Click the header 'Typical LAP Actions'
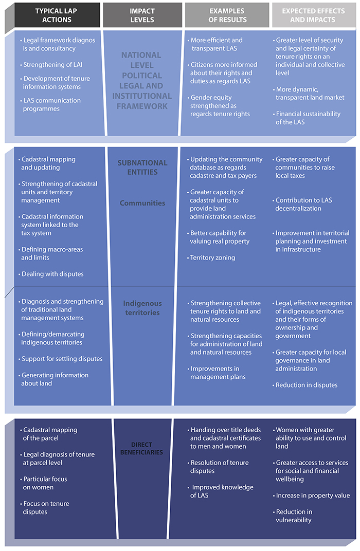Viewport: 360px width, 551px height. tap(57, 15)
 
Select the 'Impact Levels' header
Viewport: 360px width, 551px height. tap(142, 15)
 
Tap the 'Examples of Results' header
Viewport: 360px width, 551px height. tap(227, 15)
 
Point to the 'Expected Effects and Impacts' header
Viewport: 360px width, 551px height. tap(313, 15)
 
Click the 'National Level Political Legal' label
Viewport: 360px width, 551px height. tap(142, 81)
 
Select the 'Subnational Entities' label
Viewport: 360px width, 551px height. tap(142, 167)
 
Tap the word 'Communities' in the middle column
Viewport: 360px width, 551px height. tap(142, 203)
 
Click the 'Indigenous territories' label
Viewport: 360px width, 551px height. tap(142, 308)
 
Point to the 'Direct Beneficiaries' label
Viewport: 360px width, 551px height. tap(141, 448)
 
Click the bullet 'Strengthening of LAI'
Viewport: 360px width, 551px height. tap(51, 65)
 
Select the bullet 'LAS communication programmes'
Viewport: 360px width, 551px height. tap(50, 104)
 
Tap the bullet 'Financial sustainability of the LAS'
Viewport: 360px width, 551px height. tap(307, 118)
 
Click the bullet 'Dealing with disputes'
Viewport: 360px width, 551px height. tap(51, 274)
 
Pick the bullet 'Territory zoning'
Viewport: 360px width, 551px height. tap(211, 258)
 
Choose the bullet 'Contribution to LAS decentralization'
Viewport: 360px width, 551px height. tap(302, 204)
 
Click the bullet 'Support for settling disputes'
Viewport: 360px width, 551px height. tap(61, 359)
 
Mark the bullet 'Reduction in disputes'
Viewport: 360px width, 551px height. tap(305, 385)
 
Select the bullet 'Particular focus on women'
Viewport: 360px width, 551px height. tap(44, 483)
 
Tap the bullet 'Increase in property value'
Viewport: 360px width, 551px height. tap(312, 495)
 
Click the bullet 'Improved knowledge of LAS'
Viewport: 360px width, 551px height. tap(221, 491)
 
